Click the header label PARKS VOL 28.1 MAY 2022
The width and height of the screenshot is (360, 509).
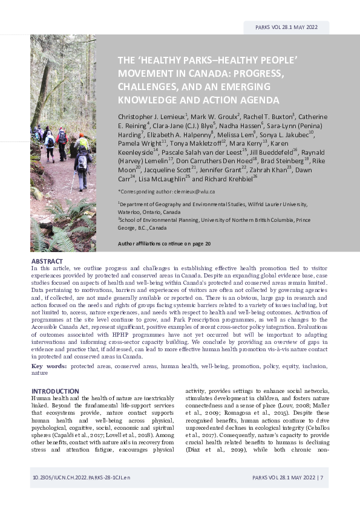pyautogui.click(x=287, y=27)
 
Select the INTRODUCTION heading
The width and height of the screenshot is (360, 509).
pyautogui.click(x=55, y=391)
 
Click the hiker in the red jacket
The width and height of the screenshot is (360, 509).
pyautogui.click(x=62, y=138)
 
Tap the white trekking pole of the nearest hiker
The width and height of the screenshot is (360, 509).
pyautogui.click(x=74, y=180)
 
